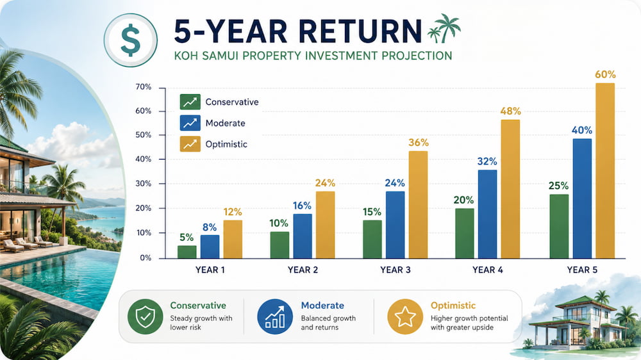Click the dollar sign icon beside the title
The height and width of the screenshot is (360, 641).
tap(130, 40)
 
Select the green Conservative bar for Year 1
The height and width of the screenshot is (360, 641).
tap(187, 252)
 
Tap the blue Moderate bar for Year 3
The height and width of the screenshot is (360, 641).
tap(395, 225)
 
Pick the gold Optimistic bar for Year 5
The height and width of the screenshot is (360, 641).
tap(604, 171)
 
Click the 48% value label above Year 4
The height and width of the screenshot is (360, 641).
tap(510, 111)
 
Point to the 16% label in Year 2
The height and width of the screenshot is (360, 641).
tap(302, 206)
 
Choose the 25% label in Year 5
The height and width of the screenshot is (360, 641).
tap(558, 186)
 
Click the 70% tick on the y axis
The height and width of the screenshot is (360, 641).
tap(143, 87)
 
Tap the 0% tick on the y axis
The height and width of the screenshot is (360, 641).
tap(146, 258)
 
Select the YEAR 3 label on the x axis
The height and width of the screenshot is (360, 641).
tap(395, 270)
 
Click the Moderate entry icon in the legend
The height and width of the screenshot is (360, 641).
tap(190, 123)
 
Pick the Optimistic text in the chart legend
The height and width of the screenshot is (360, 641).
tap(226, 144)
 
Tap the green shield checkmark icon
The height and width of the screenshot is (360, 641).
tap(145, 316)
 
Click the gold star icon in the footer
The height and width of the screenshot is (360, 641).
tap(405, 316)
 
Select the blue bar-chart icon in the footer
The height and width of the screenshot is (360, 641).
tap(275, 316)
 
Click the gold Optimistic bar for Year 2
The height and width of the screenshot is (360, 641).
tap(325, 225)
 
